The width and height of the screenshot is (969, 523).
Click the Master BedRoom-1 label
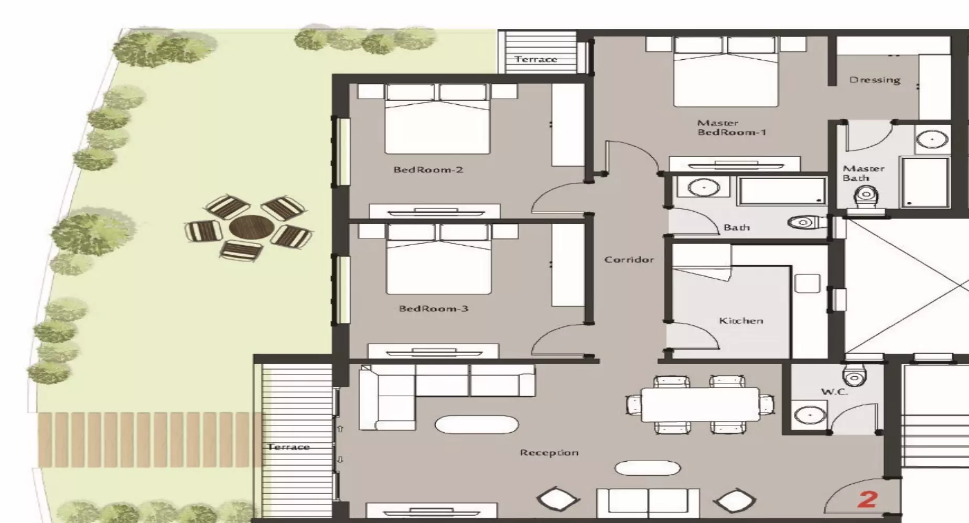[731, 127]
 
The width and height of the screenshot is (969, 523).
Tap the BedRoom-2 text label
[428, 170]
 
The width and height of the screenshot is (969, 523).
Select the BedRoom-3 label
[434, 309]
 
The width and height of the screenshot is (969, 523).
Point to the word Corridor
[629, 259]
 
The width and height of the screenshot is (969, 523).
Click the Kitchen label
[741, 320]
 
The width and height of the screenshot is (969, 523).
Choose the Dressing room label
[875, 80]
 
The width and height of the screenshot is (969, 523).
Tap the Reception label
[549, 453]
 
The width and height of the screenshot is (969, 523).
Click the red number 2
[867, 499]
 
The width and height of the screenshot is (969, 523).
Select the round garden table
[252, 227]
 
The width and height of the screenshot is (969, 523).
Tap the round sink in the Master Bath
[932, 139]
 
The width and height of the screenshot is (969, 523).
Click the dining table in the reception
[700, 404]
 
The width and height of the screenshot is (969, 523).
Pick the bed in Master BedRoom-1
[726, 72]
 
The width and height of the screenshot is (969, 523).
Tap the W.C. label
[834, 391]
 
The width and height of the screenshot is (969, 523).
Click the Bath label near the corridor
[737, 227]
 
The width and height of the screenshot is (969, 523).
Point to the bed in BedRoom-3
[439, 259]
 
